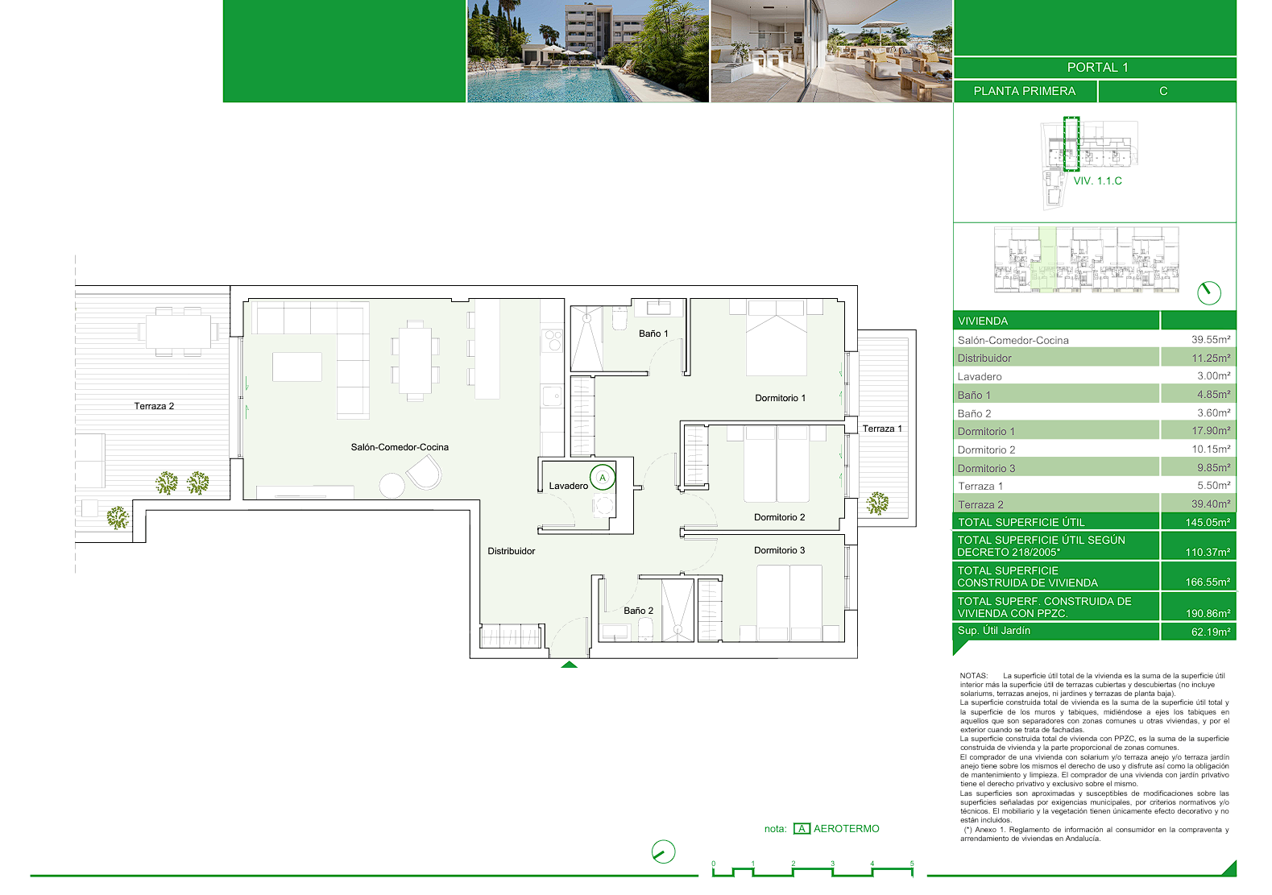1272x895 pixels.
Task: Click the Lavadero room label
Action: [x=569, y=486]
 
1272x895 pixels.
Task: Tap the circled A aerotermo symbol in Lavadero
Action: [x=603, y=478]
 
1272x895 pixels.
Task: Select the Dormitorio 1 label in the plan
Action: [x=781, y=398]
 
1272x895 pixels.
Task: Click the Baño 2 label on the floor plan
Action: [x=638, y=611]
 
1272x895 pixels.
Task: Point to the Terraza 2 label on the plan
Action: [x=154, y=406]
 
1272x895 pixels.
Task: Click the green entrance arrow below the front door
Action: [x=569, y=665]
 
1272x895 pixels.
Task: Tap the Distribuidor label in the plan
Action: [x=511, y=551]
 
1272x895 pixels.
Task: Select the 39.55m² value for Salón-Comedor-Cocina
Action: [x=1211, y=340]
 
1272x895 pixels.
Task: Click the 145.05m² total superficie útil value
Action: [x=1208, y=523]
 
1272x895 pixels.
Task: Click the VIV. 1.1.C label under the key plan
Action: [x=1098, y=181]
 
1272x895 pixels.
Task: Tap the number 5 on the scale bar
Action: [x=912, y=864]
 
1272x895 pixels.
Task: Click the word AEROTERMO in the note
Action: [x=846, y=829]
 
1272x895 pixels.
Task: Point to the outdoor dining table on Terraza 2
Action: [x=178, y=332]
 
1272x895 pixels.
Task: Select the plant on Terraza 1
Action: [x=877, y=503]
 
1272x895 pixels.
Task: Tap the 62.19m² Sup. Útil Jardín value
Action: [x=1211, y=632]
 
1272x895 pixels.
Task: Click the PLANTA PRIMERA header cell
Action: [x=1025, y=91]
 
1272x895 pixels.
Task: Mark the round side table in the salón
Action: [x=392, y=486]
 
